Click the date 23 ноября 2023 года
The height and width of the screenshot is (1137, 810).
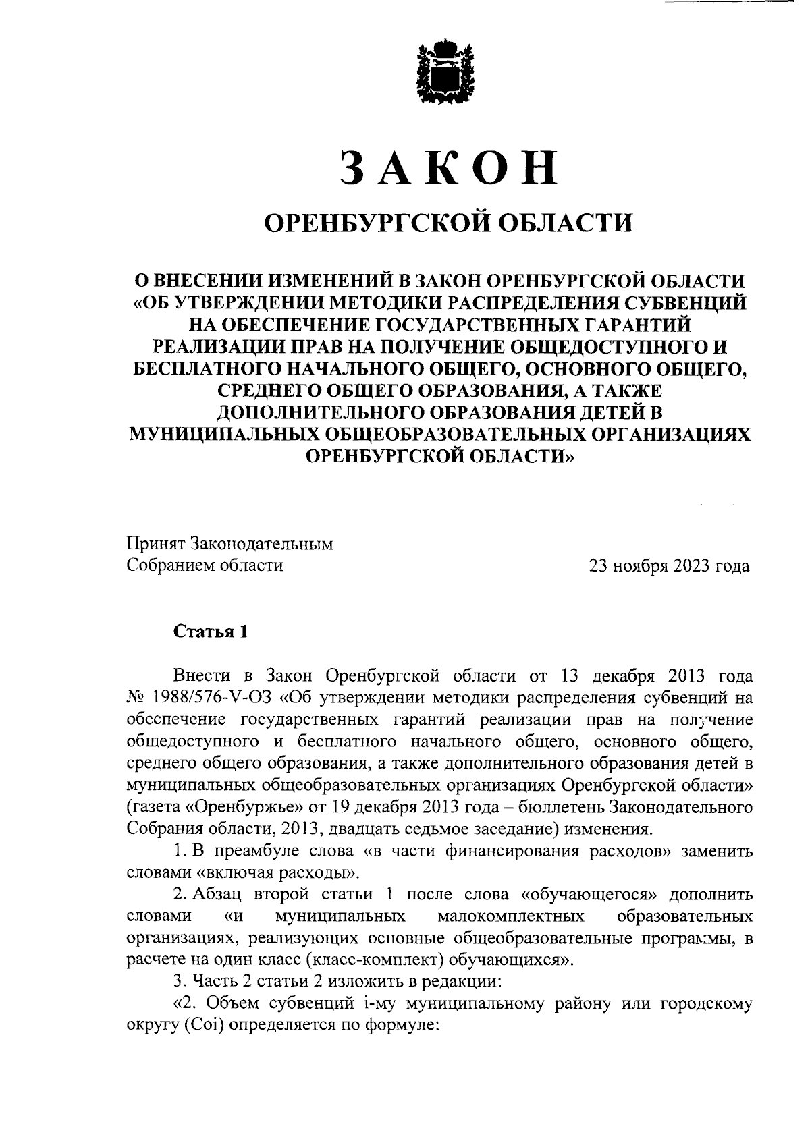point(669,565)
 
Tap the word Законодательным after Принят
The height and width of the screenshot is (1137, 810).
point(263,544)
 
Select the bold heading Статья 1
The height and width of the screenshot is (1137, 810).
point(211,632)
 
